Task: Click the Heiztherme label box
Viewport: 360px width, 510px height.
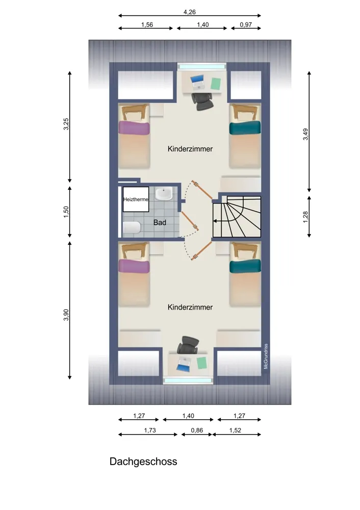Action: (x=136, y=199)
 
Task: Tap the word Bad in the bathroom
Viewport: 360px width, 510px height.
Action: (x=160, y=222)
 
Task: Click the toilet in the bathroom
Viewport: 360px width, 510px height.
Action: (x=132, y=227)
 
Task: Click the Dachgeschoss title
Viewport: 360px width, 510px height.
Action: (x=143, y=462)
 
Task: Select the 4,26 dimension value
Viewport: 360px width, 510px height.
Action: (x=190, y=12)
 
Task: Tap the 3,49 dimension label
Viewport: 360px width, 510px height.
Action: (x=305, y=134)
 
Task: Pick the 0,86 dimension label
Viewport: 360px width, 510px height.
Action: (x=197, y=430)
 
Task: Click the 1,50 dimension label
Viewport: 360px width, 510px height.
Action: (x=66, y=212)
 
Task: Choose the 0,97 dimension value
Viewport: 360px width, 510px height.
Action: (x=246, y=24)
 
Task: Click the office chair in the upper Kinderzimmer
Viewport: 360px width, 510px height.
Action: (x=203, y=101)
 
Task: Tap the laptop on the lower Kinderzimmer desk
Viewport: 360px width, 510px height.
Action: (x=184, y=364)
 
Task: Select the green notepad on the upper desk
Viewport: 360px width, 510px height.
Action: (x=216, y=84)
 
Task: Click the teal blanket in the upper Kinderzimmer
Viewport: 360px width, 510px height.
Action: (x=245, y=127)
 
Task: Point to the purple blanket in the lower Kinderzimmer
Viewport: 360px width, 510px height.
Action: (x=134, y=266)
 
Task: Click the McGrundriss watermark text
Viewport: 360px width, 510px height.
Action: (x=266, y=356)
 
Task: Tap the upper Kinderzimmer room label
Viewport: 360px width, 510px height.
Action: (x=190, y=149)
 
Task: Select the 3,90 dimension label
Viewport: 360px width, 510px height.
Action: (x=66, y=315)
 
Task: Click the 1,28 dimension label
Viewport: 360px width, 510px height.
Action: (x=305, y=217)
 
